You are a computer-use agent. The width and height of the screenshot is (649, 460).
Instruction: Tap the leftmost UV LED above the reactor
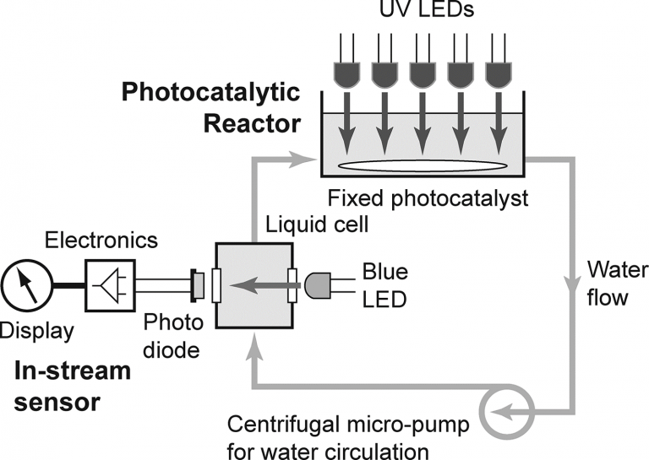coord(347,73)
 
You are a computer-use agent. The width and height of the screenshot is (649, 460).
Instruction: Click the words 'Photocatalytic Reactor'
coord(211,107)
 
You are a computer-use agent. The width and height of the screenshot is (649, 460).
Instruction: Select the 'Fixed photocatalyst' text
coord(428,200)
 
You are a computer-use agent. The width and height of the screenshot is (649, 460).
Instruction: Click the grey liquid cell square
coord(254,286)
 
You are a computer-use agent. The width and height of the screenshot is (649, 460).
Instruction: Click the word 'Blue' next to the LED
coord(384,273)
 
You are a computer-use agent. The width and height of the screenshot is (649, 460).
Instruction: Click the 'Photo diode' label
coord(173,335)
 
